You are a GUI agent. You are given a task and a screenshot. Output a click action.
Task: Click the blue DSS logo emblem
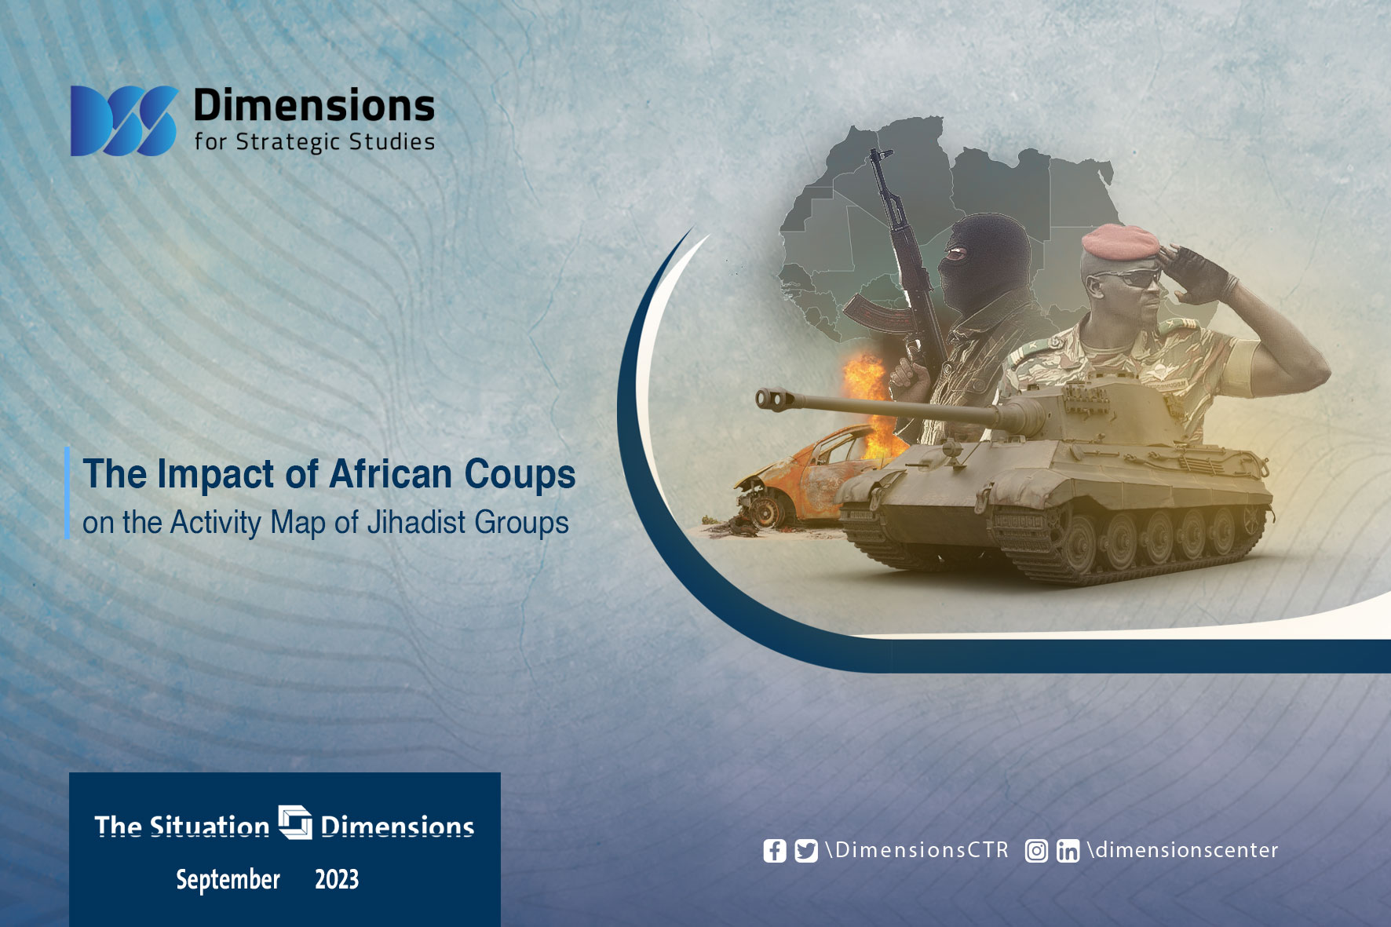click(124, 120)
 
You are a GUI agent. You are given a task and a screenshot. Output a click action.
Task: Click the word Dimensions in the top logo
click(314, 105)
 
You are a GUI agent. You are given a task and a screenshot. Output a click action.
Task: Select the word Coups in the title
click(520, 474)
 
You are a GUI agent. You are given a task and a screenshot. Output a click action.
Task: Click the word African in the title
click(391, 473)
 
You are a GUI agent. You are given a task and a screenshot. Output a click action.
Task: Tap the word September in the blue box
click(228, 880)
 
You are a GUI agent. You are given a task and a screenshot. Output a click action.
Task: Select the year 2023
click(337, 879)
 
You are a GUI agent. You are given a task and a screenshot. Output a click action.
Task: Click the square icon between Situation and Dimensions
click(295, 822)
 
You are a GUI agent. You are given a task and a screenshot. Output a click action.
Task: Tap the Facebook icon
click(774, 851)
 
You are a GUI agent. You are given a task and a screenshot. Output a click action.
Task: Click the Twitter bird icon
click(805, 851)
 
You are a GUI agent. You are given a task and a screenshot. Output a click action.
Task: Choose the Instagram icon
click(1036, 851)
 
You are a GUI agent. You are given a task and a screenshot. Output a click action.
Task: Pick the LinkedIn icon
click(1068, 851)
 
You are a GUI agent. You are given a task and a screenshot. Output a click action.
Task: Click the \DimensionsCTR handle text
click(917, 850)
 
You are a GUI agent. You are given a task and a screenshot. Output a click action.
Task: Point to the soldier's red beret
click(1119, 242)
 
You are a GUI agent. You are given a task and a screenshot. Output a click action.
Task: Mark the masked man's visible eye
click(954, 254)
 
